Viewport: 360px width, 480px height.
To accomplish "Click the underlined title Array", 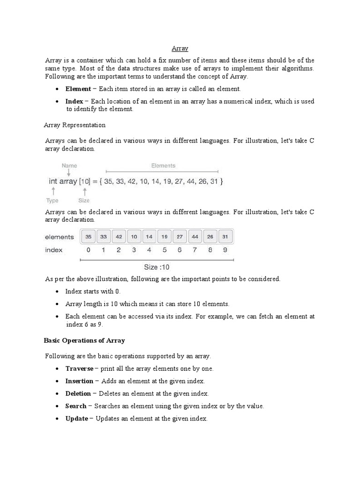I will point(180,48).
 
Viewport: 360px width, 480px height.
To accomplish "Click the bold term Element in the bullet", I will point(78,89).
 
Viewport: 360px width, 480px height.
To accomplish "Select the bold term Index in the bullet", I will point(74,101).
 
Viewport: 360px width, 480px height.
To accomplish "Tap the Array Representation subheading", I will point(75,125).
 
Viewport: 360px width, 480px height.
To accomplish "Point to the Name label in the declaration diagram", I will point(69,165).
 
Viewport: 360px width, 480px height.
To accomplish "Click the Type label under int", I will point(52,201).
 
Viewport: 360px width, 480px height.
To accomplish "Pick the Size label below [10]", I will point(84,201).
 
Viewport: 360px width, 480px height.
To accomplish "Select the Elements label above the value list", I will point(163,165).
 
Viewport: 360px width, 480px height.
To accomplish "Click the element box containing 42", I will point(119,237).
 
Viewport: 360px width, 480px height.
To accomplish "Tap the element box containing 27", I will point(180,237).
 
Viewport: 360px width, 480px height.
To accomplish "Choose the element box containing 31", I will point(225,237).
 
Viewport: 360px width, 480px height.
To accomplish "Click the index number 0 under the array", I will point(89,250).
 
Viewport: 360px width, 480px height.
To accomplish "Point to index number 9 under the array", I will point(225,250).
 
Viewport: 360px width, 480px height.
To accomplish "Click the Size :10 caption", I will point(157,267).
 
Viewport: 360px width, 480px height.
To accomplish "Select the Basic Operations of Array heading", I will point(84,340).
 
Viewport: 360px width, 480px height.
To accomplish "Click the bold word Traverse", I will point(79,368).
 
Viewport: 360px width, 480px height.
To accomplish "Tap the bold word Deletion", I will point(78,393).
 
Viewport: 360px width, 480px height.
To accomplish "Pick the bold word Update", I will point(76,418).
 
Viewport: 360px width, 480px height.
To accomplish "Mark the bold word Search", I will point(76,406).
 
